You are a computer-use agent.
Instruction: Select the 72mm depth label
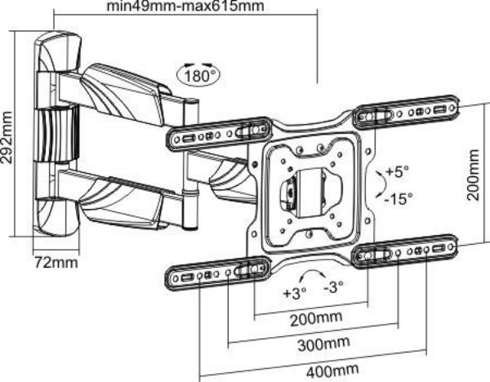(56, 262)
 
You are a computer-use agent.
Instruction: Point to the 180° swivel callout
(198, 76)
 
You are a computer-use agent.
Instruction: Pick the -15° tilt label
(400, 197)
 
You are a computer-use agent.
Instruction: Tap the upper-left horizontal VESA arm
(219, 133)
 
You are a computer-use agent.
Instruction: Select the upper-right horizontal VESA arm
(407, 113)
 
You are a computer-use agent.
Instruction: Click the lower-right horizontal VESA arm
(407, 254)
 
